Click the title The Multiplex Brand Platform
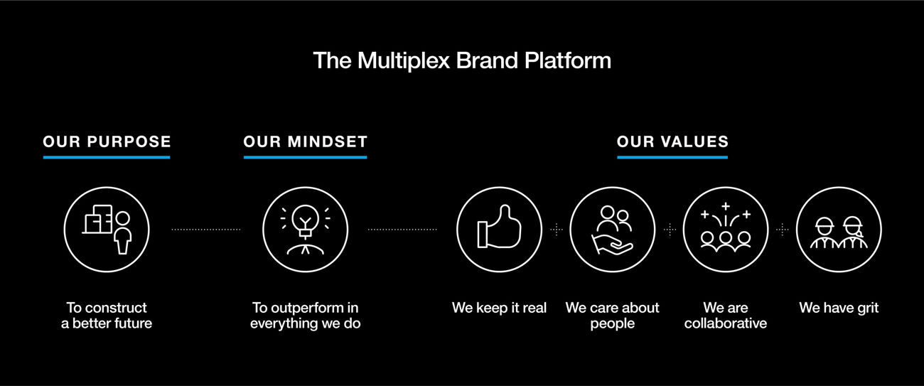coord(462,60)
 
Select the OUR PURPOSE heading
coord(107,141)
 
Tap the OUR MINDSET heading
coord(305,141)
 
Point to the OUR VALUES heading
coord(672,141)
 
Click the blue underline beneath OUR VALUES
coord(672,157)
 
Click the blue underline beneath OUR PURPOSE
coord(107,157)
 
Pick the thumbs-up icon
coord(499,229)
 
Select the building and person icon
coord(107,229)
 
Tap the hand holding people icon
coord(612,229)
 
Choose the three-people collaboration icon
coord(726,229)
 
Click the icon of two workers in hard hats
coord(839,229)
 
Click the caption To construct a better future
coord(107,316)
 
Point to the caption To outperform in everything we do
coord(305,316)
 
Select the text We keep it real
coord(499,308)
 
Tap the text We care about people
coord(612,316)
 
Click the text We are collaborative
coord(726,316)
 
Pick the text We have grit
coord(839,308)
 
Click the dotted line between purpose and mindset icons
coord(206,229)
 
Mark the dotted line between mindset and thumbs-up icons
coord(402,229)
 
